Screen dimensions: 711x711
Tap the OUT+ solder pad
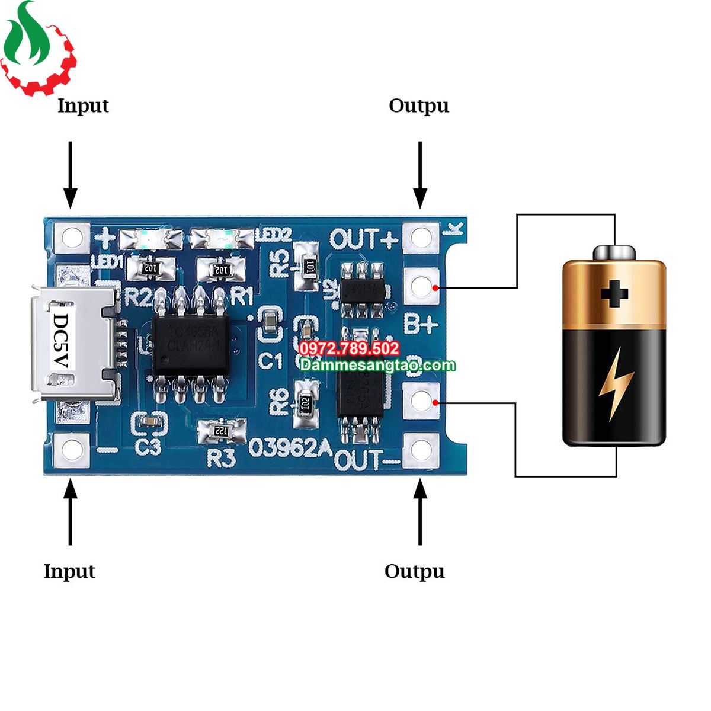pos(421,237)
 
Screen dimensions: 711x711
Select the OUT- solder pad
pos(421,449)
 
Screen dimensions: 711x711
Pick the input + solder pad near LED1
pos(72,237)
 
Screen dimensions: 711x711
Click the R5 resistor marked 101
pos(308,267)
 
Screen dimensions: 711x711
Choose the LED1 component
pos(150,239)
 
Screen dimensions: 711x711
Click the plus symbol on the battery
pos(614,293)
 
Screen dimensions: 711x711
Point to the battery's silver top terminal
pos(614,252)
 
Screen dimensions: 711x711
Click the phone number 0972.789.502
pos(350,348)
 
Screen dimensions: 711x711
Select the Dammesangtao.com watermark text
pos(377,365)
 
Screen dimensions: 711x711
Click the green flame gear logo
pos(37,47)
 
